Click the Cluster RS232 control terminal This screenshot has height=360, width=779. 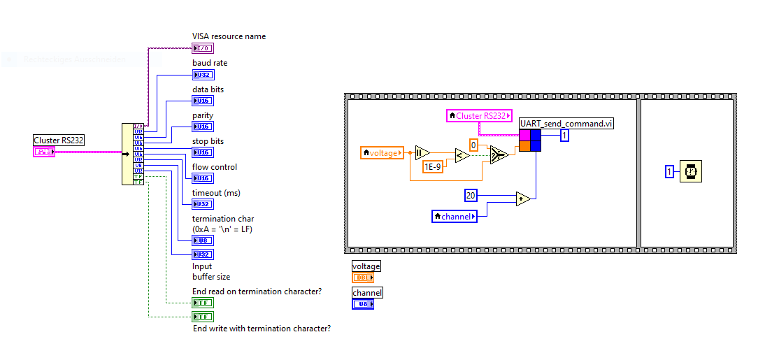[44, 152]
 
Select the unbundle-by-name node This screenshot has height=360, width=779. [132, 154]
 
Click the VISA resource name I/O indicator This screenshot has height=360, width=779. [202, 48]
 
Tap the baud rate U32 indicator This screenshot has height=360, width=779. [203, 75]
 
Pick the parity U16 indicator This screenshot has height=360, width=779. [203, 127]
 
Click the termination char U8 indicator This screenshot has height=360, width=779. [203, 240]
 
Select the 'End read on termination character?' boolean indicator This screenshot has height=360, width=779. [203, 303]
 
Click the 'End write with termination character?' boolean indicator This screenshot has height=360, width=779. [203, 317]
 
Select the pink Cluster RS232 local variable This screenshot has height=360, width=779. [479, 116]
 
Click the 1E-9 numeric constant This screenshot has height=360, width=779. [433, 166]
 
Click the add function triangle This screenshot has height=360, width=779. [523, 199]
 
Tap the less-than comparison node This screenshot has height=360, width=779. [462, 155]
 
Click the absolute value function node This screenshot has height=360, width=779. [422, 152]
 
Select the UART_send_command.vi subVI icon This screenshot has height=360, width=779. [530, 140]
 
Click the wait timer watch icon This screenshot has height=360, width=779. [691, 171]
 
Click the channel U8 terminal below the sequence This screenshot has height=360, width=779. [363, 304]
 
